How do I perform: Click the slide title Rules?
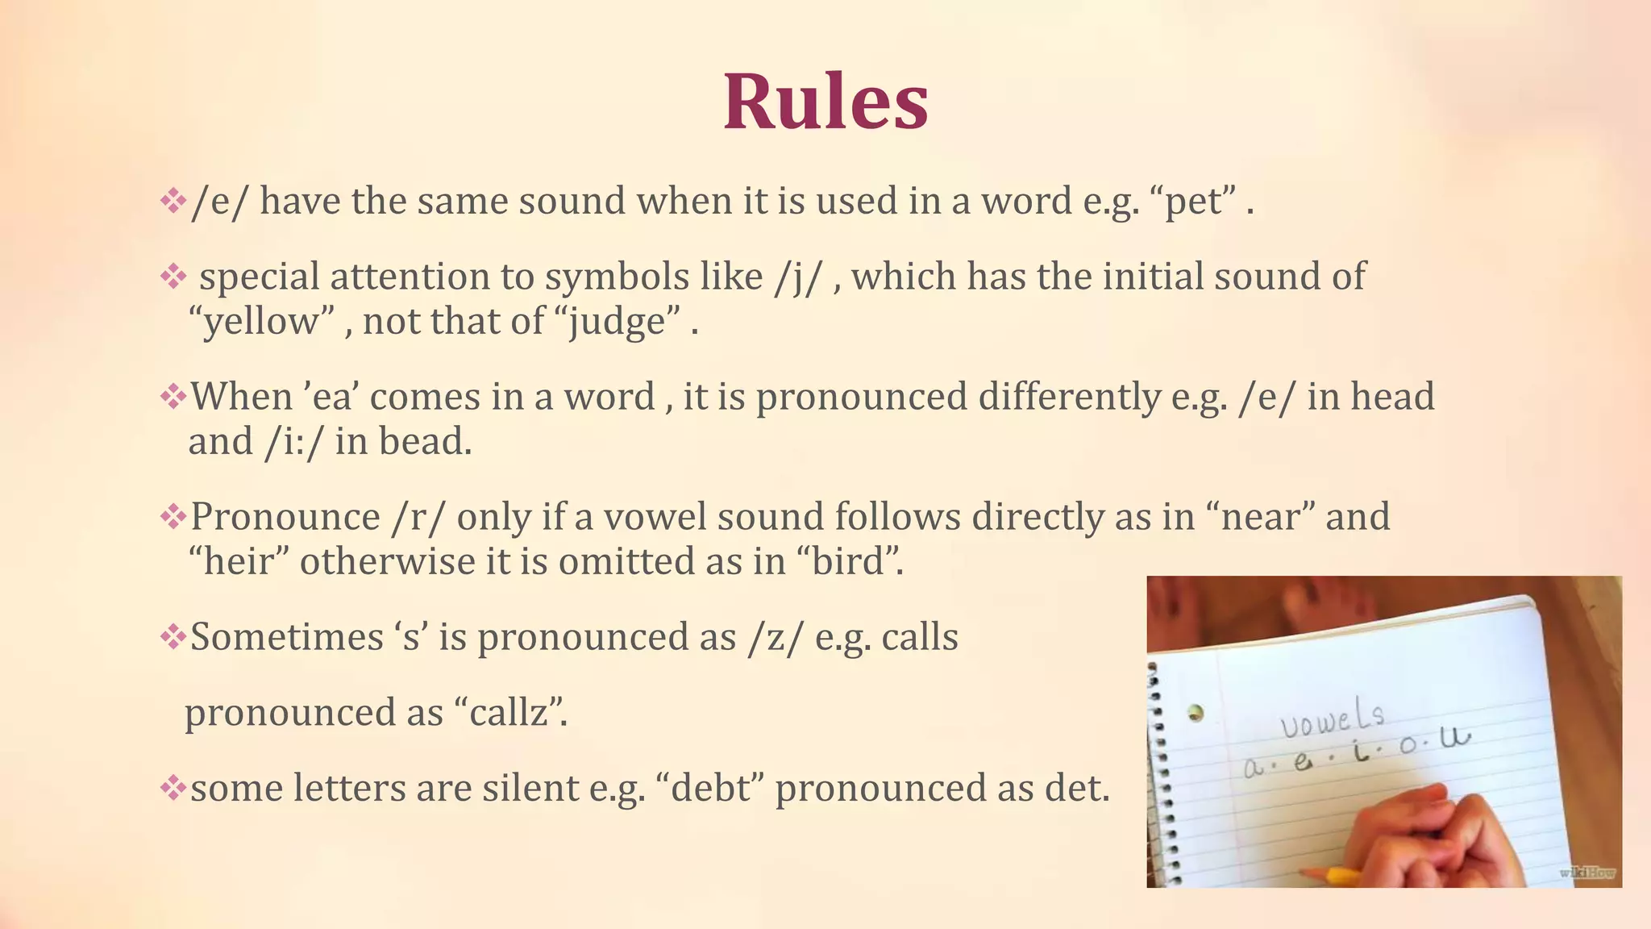(x=825, y=102)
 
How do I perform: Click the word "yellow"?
(x=261, y=323)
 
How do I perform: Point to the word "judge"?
(x=618, y=323)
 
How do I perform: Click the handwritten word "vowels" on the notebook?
(x=1332, y=717)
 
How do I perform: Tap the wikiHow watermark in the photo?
(x=1587, y=872)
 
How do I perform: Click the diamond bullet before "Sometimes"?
(x=173, y=637)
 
